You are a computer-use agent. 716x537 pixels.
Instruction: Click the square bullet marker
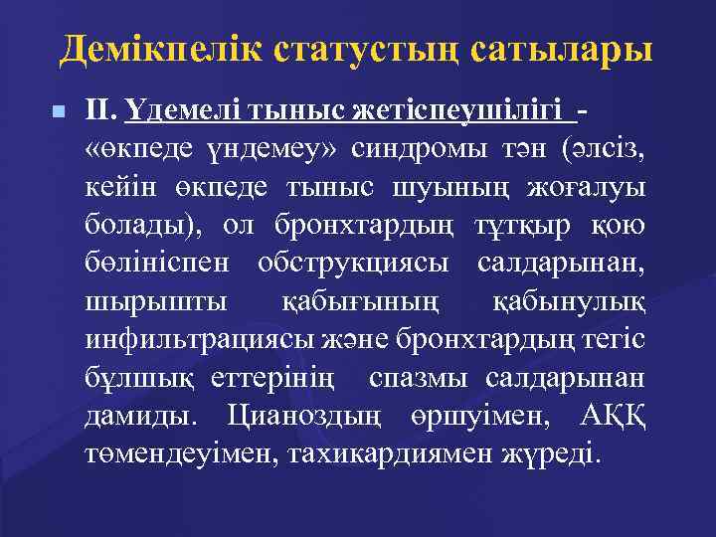[x=62, y=112]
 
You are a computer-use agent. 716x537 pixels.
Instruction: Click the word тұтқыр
[x=518, y=226]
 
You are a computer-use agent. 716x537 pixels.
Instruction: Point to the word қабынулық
[x=570, y=301]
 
